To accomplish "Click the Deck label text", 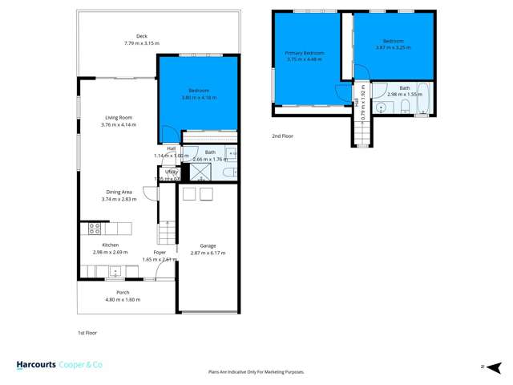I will [x=142, y=35].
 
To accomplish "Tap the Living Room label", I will [x=119, y=117].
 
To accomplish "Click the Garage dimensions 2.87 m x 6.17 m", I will [x=208, y=253].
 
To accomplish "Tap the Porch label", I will [x=123, y=292].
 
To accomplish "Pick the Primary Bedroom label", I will [x=302, y=53].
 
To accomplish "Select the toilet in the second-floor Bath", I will [x=405, y=107].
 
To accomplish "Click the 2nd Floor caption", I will [x=282, y=136].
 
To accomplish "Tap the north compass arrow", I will [x=483, y=366].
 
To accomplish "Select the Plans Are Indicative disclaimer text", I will [x=256, y=372].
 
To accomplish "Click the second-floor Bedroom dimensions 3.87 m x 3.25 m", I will [x=393, y=47].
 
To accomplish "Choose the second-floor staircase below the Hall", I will [x=362, y=131].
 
